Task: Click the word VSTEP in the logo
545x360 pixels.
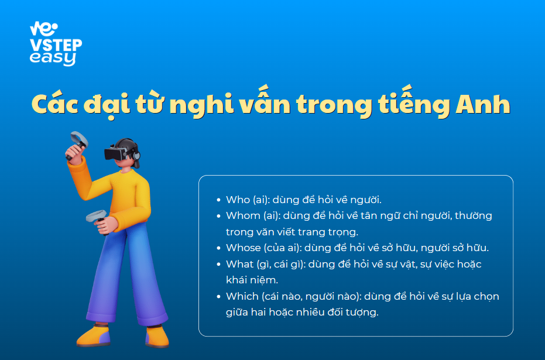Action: click(56, 46)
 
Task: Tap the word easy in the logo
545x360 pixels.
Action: click(53, 59)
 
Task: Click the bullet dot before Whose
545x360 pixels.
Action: click(218, 248)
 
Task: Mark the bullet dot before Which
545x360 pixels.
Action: click(218, 296)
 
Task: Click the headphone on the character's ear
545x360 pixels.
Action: click(136, 155)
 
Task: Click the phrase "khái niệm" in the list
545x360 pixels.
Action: click(252, 280)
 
